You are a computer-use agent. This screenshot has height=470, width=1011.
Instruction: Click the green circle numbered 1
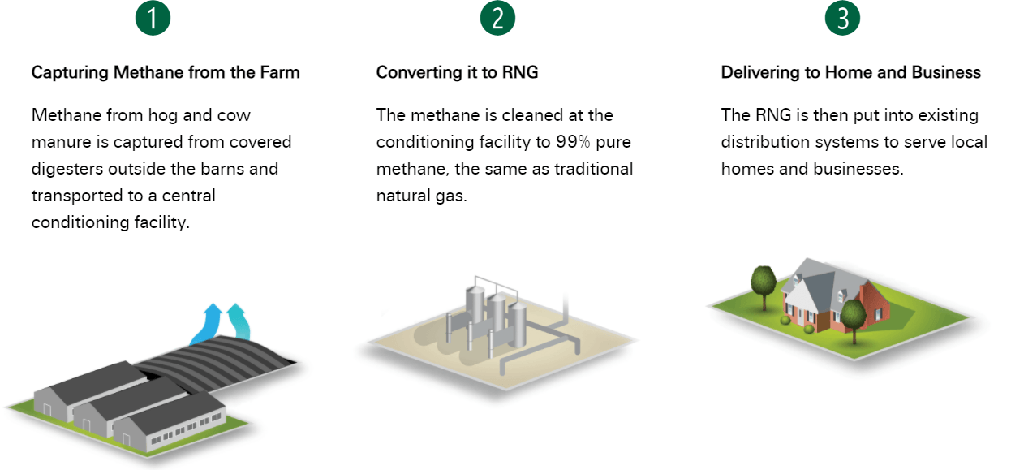click(153, 18)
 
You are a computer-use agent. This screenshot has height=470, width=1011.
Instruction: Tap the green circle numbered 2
click(497, 18)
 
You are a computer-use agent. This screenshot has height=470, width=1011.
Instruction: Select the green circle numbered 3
click(842, 18)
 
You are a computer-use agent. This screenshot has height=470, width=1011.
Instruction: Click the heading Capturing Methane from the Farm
click(166, 72)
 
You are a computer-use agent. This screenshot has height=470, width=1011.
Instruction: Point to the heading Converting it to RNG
click(457, 72)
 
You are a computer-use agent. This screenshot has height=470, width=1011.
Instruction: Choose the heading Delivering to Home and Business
click(851, 72)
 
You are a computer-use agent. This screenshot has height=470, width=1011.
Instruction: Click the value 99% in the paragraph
click(573, 142)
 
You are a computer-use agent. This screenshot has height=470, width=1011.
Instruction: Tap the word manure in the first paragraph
click(61, 142)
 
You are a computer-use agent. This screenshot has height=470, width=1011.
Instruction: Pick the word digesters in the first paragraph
click(67, 170)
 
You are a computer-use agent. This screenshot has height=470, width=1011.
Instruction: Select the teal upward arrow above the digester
click(239, 321)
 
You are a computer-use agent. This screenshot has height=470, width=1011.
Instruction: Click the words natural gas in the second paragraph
click(421, 196)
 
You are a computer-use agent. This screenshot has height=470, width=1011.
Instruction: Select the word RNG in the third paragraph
click(773, 115)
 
